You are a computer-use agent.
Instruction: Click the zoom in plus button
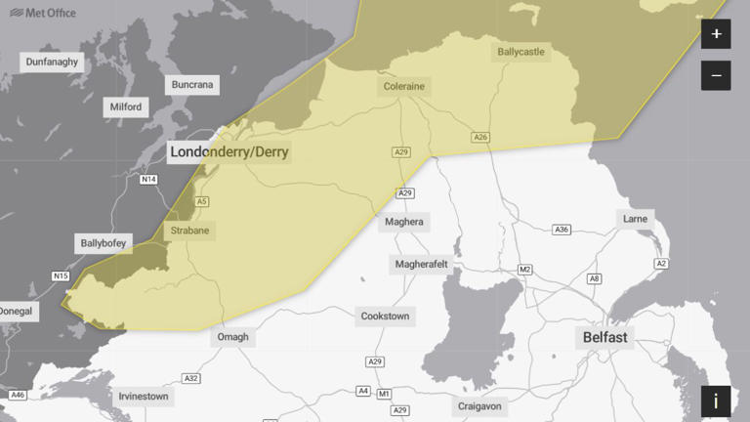716,34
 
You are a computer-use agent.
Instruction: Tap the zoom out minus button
716,75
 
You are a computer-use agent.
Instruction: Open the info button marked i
716,401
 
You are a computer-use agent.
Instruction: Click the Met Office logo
43,13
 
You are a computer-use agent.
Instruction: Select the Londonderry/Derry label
229,152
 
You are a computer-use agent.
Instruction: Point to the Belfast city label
605,337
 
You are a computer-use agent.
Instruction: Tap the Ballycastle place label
521,51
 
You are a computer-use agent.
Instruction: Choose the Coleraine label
402,86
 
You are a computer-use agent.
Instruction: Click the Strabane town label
189,231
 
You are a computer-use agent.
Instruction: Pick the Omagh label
232,337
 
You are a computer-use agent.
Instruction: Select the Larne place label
635,219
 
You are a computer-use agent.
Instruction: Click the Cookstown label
385,316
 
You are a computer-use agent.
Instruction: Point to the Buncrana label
191,85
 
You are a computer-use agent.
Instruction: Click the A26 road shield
480,137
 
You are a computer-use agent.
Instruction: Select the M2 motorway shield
524,269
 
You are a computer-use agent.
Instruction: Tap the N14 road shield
148,179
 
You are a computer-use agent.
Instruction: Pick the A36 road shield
562,230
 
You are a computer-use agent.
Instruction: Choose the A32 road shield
191,378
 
